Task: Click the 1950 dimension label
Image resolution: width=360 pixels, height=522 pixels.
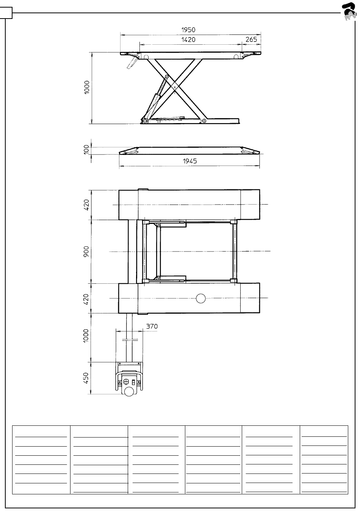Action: (188, 30)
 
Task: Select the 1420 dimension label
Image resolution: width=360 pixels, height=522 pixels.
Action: (188, 40)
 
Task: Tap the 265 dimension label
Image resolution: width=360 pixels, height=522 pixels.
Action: (251, 39)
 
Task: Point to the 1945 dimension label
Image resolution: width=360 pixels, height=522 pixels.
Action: (190, 161)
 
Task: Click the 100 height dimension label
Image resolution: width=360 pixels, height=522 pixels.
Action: (86, 149)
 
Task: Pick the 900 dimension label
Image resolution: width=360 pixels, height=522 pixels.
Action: (86, 252)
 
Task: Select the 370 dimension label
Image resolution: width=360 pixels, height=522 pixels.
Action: (152, 327)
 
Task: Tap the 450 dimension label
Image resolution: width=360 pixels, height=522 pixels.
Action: (86, 378)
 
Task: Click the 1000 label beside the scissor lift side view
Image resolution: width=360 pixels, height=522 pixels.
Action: (87, 88)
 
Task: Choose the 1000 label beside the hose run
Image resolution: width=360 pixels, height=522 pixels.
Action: (86, 336)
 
